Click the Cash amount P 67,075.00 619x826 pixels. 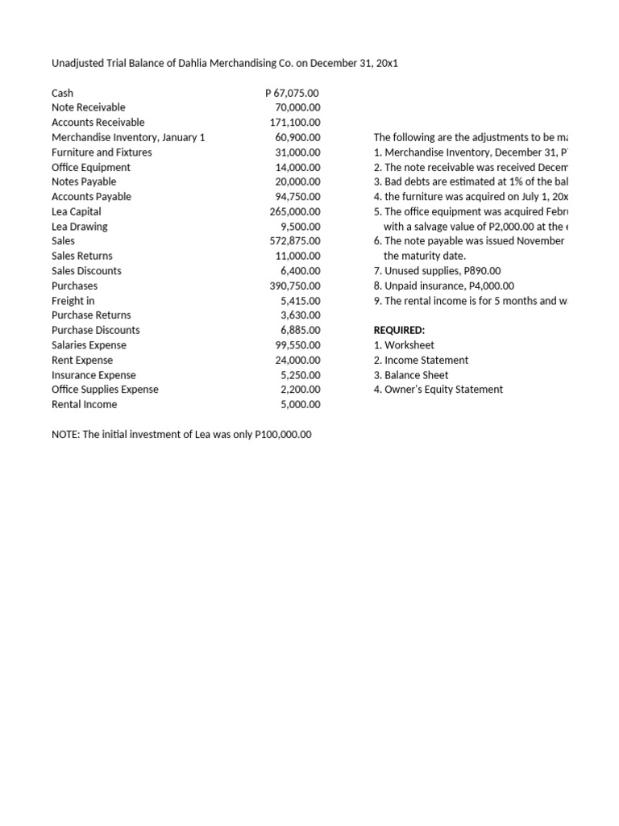click(x=292, y=93)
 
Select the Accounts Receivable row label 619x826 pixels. click(x=98, y=123)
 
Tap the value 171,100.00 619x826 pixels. click(x=294, y=123)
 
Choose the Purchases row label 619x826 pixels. click(x=74, y=286)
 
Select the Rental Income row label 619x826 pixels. click(x=84, y=404)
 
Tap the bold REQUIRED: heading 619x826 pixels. click(x=399, y=330)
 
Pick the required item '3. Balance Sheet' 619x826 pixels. click(x=411, y=375)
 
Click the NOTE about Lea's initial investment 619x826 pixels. click(x=181, y=434)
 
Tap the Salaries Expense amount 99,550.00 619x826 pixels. click(x=297, y=345)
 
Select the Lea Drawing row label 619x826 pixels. click(x=79, y=227)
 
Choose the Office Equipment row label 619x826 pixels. click(x=90, y=167)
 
